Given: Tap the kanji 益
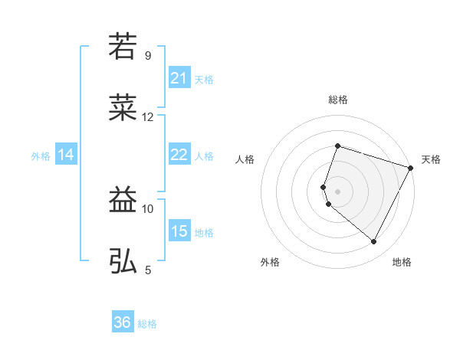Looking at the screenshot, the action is [x=123, y=201].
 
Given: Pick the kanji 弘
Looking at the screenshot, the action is [x=123, y=261].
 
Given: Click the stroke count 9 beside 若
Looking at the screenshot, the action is [x=147, y=55].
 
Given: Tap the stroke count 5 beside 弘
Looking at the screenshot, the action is [x=147, y=270].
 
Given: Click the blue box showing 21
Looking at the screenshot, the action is [x=179, y=78].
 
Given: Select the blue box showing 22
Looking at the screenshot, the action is [x=179, y=155].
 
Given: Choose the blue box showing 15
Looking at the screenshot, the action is [x=179, y=231].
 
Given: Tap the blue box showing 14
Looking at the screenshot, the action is [x=66, y=155].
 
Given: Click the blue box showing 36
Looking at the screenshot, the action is [x=122, y=322].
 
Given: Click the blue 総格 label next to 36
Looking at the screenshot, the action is [x=147, y=324].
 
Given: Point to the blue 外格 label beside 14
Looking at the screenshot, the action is [x=41, y=156].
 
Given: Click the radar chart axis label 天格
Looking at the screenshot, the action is [x=431, y=159].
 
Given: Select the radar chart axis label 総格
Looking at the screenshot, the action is [x=338, y=100].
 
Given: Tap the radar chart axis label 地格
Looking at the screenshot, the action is [x=402, y=262].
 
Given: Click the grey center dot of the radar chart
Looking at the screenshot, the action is [x=338, y=191].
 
